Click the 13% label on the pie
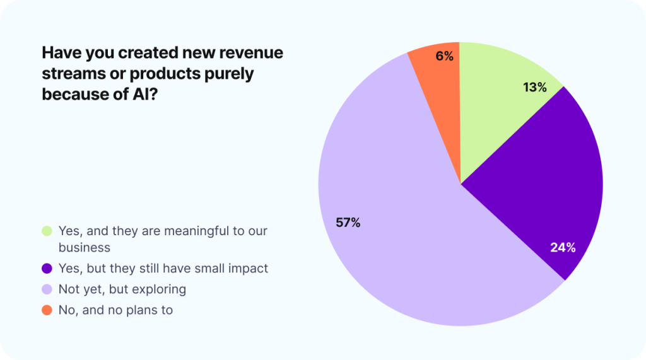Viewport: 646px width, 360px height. [x=534, y=88]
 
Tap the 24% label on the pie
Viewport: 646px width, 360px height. [x=563, y=248]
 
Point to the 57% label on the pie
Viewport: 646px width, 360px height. [x=348, y=222]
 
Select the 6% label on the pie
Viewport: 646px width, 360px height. [x=444, y=56]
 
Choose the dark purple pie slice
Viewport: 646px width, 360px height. [x=536, y=189]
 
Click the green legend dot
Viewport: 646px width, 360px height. [x=47, y=231]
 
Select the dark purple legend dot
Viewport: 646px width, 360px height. [x=47, y=269]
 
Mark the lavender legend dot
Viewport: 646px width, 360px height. [x=47, y=289]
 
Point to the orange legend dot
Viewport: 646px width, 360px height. [x=47, y=310]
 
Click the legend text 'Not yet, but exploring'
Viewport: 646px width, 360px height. [x=122, y=289]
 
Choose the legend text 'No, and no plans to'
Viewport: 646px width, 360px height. [x=115, y=310]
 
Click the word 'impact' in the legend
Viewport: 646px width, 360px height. [x=248, y=269]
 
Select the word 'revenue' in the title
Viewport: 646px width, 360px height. [x=249, y=53]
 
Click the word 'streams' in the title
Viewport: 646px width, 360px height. [x=68, y=74]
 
